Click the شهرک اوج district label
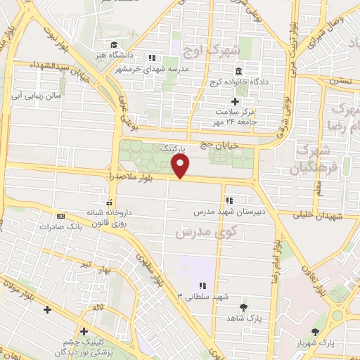tap(211, 51)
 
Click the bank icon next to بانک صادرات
tap(61, 216)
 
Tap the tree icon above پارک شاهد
tap(244, 307)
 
